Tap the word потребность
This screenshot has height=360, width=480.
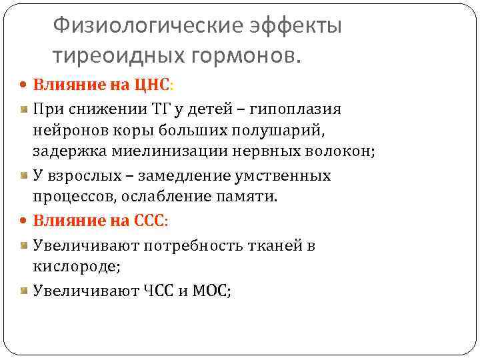click(187, 245)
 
